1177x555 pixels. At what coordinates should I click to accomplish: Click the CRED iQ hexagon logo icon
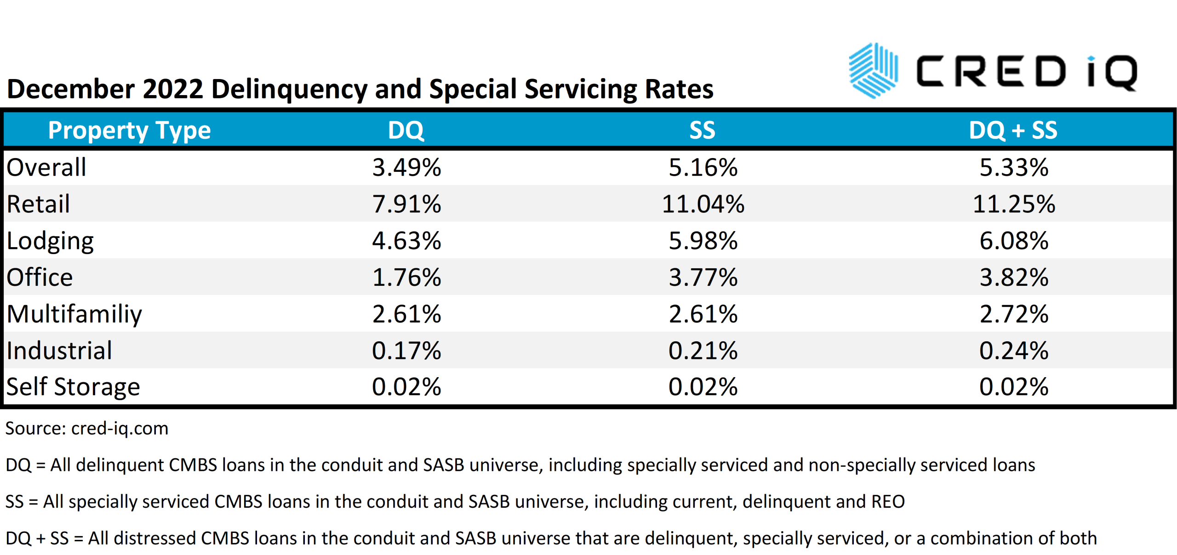pos(873,71)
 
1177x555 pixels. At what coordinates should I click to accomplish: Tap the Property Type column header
pos(129,130)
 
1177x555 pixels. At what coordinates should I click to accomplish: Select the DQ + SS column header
pos(1013,130)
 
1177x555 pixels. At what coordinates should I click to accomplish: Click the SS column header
pos(702,130)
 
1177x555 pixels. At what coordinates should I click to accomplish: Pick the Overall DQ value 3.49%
pos(406,167)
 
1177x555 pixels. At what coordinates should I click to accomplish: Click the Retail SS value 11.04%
pos(703,204)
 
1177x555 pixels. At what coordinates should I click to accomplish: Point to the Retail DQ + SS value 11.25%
pos(1013,204)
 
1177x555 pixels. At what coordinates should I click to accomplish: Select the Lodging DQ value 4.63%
pos(406,241)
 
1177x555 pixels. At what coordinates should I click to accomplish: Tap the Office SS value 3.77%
pos(703,277)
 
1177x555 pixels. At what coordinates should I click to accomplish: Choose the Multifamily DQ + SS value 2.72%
pos(1013,314)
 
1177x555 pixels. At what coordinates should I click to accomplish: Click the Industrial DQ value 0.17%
pos(406,351)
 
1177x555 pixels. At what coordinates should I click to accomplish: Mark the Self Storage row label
pos(73,387)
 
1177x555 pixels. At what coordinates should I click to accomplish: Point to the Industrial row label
pos(59,351)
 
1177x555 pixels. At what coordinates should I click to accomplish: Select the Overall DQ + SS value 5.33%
pos(1013,167)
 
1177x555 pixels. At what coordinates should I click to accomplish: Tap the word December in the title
pos(71,89)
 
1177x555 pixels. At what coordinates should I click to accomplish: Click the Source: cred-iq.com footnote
pos(87,429)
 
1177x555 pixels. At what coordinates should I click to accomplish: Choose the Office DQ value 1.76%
pos(406,277)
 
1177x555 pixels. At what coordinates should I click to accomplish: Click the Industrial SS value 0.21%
pos(703,351)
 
